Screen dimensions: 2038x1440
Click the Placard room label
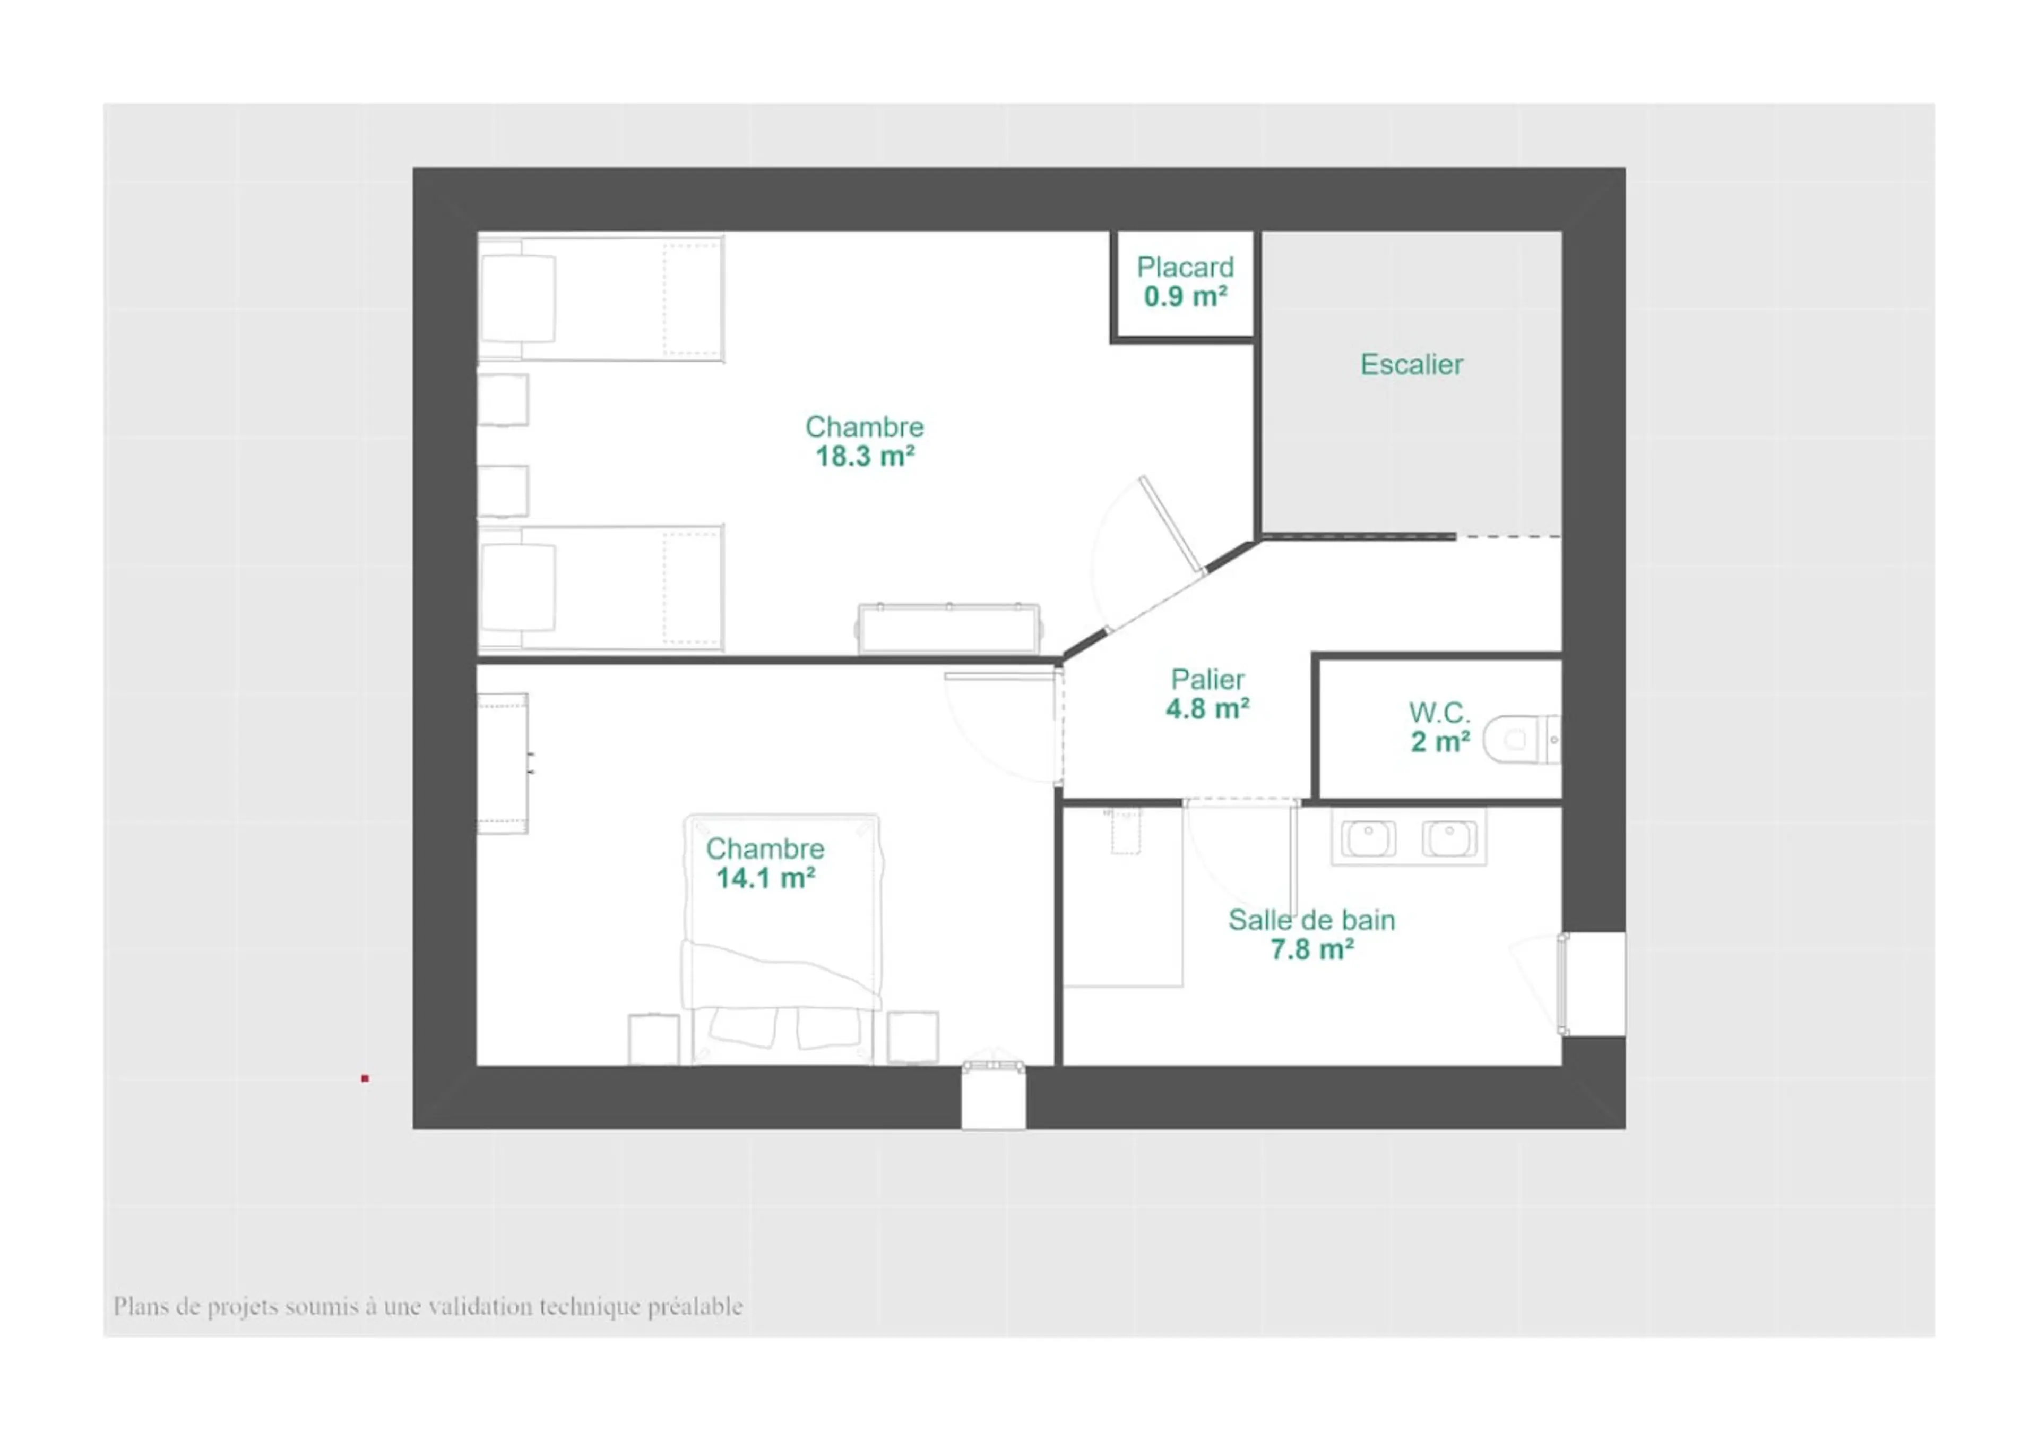pos(1185,267)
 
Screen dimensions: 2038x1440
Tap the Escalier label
pos(1411,365)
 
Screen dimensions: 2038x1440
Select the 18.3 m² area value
pos(865,456)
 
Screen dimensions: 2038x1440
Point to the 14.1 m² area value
pos(765,878)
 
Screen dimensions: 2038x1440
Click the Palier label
pos(1207,680)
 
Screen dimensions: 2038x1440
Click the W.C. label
pos(1439,712)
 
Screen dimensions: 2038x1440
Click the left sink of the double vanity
pos(1368,838)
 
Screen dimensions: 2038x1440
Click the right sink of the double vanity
pos(1449,838)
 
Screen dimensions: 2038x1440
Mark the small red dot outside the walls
pos(365,1078)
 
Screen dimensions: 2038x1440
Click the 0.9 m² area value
pos(1185,296)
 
